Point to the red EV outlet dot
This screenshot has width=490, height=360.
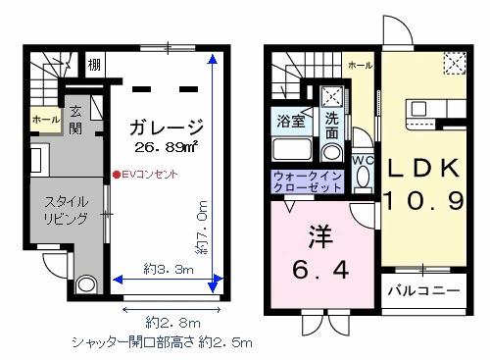[115, 176]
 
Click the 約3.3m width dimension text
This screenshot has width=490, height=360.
[166, 268]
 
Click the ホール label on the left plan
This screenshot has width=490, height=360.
[44, 120]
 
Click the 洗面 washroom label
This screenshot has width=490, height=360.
[332, 125]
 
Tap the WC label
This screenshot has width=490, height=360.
[361, 160]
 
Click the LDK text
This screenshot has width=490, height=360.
[421, 168]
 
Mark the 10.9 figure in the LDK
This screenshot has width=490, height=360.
[421, 203]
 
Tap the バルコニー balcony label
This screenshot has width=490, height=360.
[421, 291]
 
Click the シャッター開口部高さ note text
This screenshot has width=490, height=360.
[163, 343]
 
